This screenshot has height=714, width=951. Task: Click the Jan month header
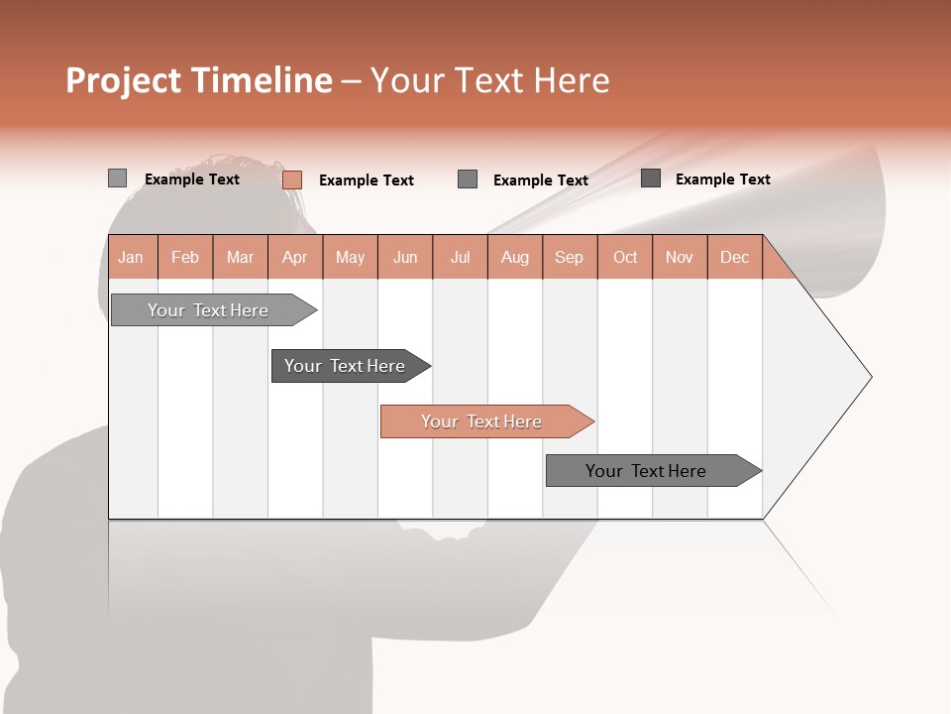(x=131, y=257)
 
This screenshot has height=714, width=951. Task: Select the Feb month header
(x=185, y=257)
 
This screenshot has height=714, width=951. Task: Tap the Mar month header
(x=240, y=257)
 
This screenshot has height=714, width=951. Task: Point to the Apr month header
(x=295, y=257)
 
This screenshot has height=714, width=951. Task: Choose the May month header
(x=350, y=257)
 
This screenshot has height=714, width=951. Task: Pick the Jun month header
(x=405, y=257)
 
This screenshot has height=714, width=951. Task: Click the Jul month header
(x=460, y=257)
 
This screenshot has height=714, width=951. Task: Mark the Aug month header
(x=515, y=257)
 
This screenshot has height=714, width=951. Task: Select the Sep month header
(x=570, y=257)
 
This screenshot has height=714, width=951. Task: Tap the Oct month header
(x=625, y=257)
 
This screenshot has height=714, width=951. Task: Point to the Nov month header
(x=680, y=257)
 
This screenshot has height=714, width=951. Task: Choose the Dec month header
(x=735, y=257)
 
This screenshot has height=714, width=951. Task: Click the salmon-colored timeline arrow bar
(x=482, y=421)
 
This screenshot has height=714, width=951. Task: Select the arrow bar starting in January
(x=209, y=310)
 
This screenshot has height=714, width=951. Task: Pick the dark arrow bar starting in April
(x=346, y=366)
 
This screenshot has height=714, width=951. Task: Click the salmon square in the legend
(x=292, y=179)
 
